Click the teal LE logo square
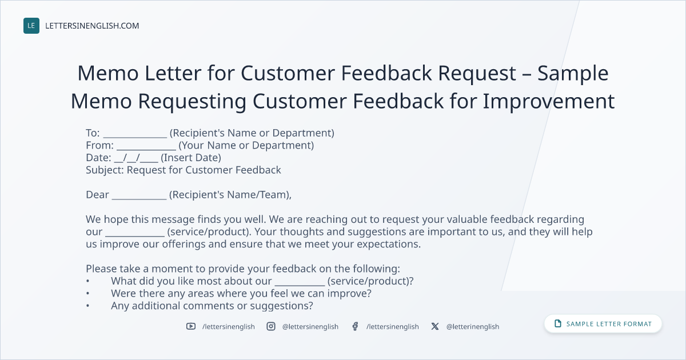[x=31, y=26]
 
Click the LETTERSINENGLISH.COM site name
[x=92, y=26]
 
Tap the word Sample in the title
[x=573, y=74]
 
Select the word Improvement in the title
[x=549, y=101]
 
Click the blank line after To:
[x=135, y=137]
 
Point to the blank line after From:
[x=146, y=149]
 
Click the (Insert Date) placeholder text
[x=191, y=158]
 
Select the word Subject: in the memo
[x=105, y=170]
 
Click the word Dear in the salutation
[x=97, y=195]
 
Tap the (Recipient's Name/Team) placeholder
[x=230, y=195]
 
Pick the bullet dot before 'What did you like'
[x=87, y=281]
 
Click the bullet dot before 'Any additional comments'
[x=87, y=306]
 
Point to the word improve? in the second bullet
[x=349, y=294]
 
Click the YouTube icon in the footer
[x=191, y=326]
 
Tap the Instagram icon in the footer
[x=271, y=326]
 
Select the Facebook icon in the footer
[x=355, y=326]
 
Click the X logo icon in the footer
[x=435, y=326]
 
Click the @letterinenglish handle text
[x=473, y=327]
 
